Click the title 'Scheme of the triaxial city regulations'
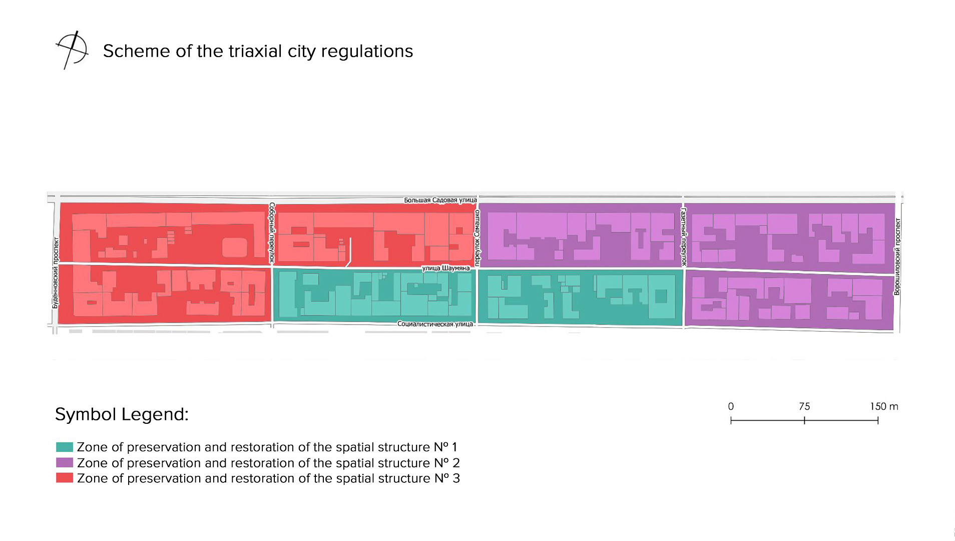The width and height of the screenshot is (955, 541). tap(258, 51)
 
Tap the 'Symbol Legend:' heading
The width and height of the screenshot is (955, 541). tap(122, 414)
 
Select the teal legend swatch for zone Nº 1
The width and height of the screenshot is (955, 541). tap(65, 447)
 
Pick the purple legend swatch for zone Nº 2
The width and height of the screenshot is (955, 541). tap(65, 462)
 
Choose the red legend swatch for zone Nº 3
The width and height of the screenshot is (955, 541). tap(65, 478)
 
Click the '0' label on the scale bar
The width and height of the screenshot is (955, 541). tap(731, 406)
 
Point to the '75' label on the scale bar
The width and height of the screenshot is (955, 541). tap(804, 406)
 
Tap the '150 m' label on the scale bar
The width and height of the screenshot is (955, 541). tap(884, 406)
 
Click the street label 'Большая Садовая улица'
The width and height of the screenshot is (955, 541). tap(440, 200)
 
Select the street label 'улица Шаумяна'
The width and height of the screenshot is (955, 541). tap(446, 268)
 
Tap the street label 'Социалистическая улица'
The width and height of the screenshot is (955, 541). tap(435, 324)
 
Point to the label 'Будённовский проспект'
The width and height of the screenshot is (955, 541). tap(56, 273)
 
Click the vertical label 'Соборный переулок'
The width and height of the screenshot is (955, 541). tap(272, 233)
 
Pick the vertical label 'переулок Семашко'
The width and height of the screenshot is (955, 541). tap(477, 237)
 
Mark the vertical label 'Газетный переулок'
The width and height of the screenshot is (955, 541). tap(684, 236)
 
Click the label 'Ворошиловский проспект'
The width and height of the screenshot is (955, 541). tap(897, 256)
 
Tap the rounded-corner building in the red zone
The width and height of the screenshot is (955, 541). tap(234, 247)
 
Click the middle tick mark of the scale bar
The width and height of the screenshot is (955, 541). tap(804, 421)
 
